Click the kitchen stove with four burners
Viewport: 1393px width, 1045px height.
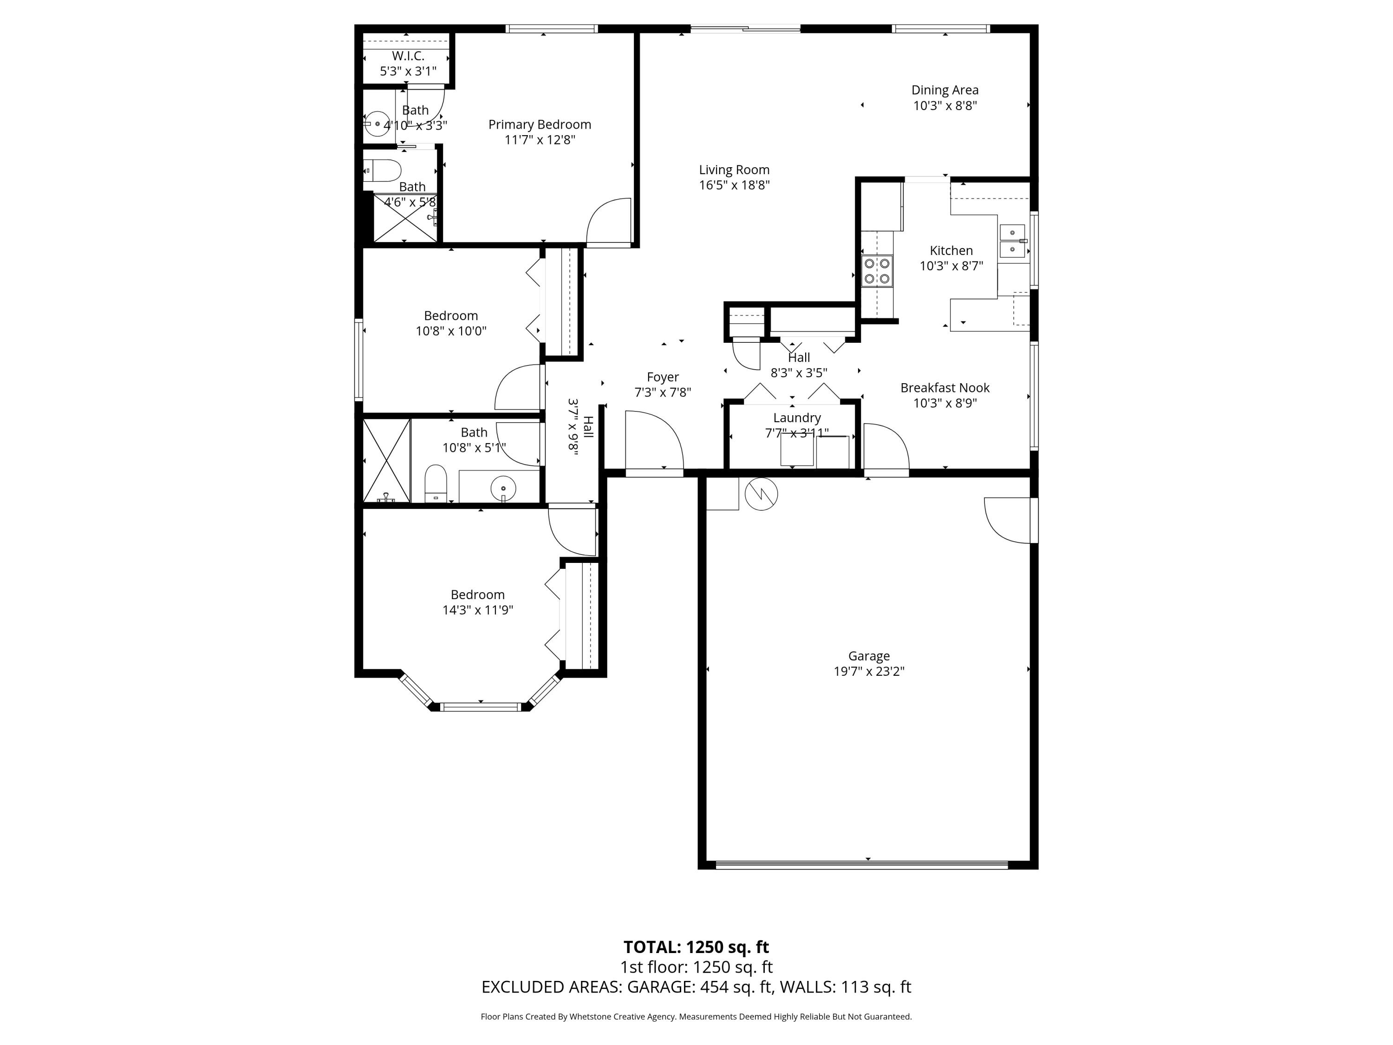877,271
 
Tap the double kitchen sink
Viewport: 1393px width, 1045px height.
1012,241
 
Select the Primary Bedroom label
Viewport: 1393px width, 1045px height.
540,125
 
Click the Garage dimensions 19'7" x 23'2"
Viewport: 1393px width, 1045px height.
869,672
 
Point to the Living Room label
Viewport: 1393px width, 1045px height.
734,170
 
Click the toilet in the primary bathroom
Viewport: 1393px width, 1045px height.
384,170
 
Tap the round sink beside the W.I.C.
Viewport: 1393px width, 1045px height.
378,124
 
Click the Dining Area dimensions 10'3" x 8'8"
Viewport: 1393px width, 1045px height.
944,106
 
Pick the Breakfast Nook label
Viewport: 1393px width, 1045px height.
944,388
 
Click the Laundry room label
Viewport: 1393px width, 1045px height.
797,418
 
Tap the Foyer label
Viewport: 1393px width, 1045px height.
663,377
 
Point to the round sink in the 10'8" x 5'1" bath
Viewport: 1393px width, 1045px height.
503,488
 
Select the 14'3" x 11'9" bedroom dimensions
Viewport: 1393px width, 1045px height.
477,610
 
